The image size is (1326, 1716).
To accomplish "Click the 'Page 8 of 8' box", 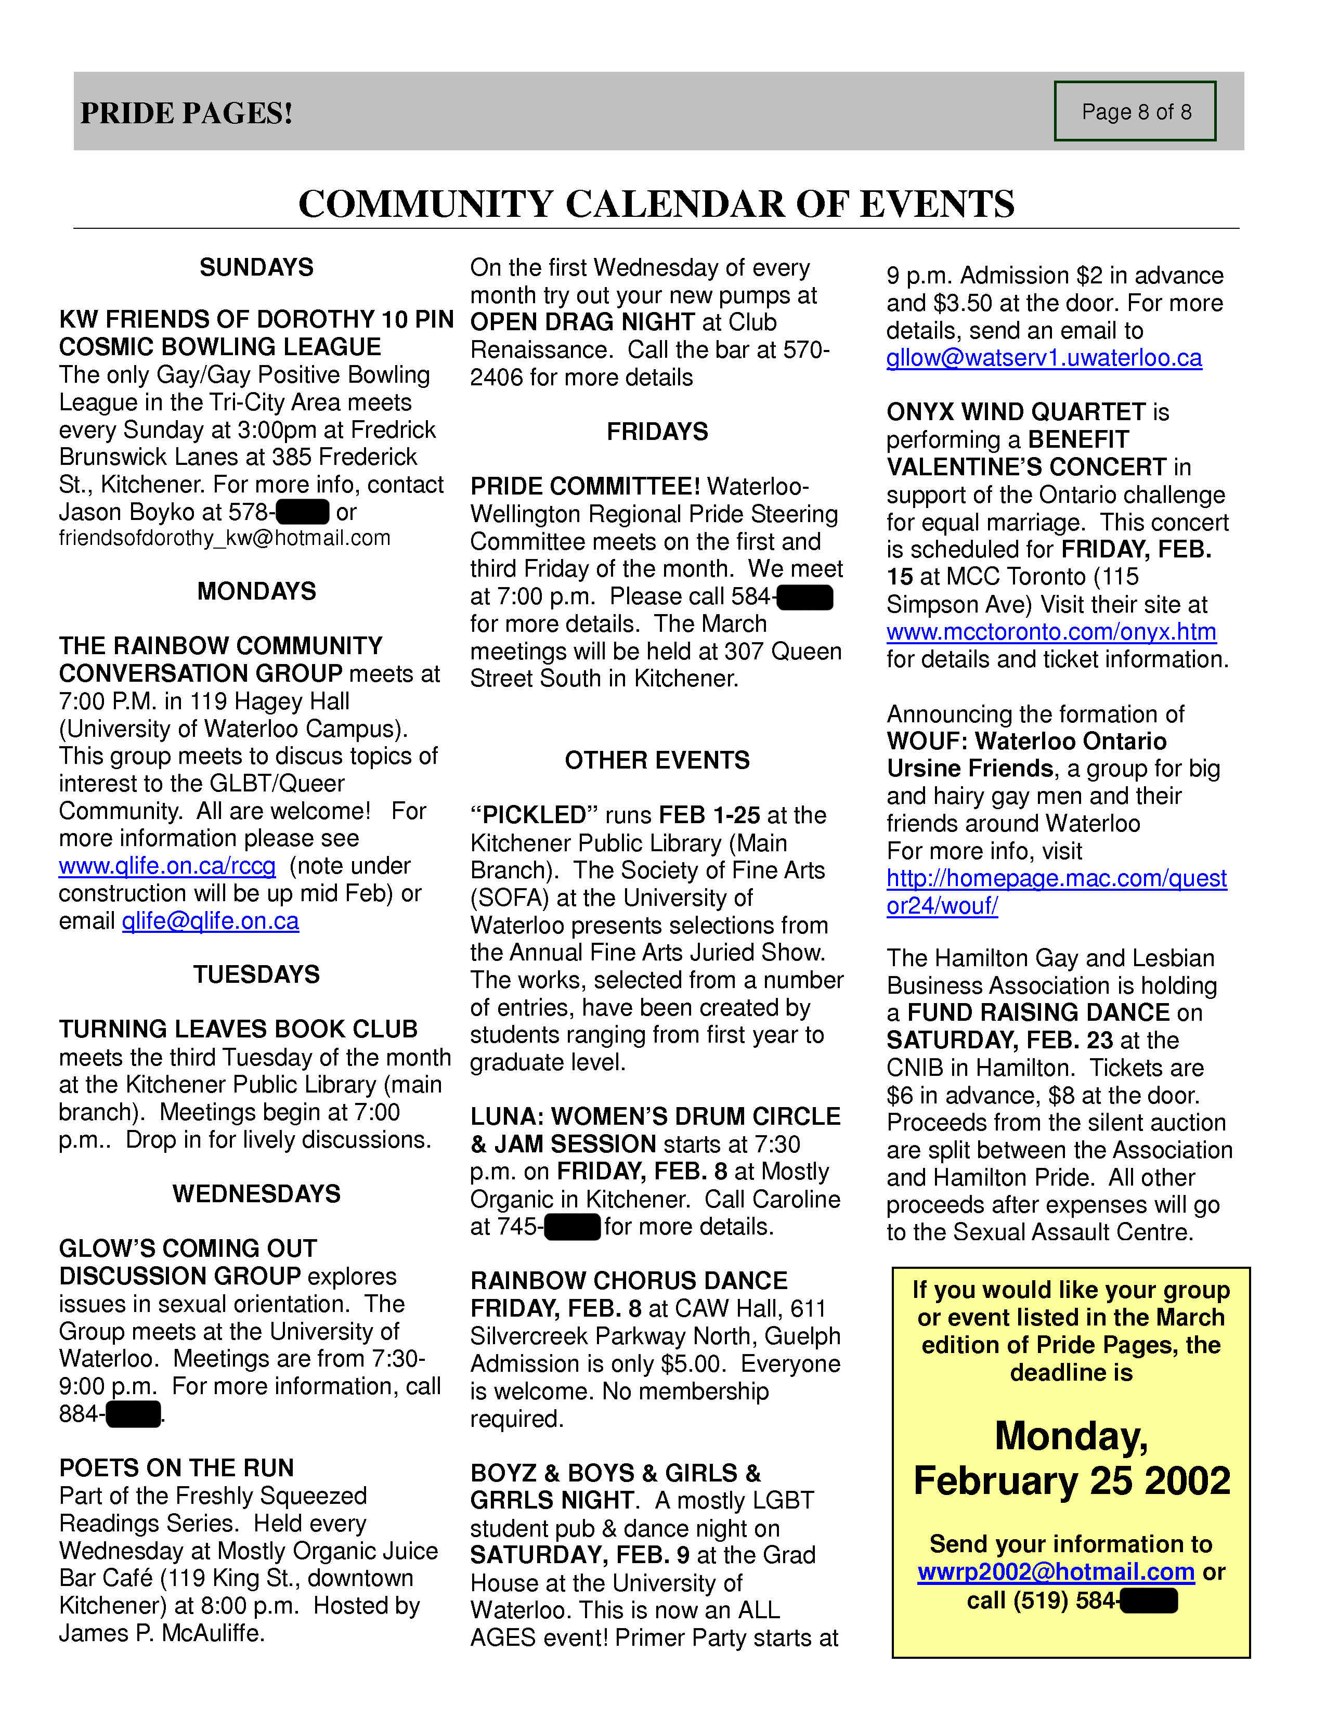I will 1135,112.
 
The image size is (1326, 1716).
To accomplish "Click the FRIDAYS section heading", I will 657,432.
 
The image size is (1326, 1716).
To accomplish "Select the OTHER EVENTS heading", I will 657,760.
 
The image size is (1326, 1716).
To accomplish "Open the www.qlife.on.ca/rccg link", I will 167,866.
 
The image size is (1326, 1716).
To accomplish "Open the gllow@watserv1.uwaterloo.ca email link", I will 1044,358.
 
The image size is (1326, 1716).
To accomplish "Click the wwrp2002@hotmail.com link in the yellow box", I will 1056,1572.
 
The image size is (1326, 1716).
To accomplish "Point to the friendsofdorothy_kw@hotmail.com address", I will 225,538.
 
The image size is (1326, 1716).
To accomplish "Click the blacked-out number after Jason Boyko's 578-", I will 303,512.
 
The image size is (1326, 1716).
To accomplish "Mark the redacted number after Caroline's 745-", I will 573,1227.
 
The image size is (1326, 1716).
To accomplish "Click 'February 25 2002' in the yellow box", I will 1072,1481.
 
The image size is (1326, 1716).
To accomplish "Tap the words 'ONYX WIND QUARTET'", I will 1017,412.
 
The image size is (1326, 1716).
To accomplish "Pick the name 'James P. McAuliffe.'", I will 161,1633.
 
